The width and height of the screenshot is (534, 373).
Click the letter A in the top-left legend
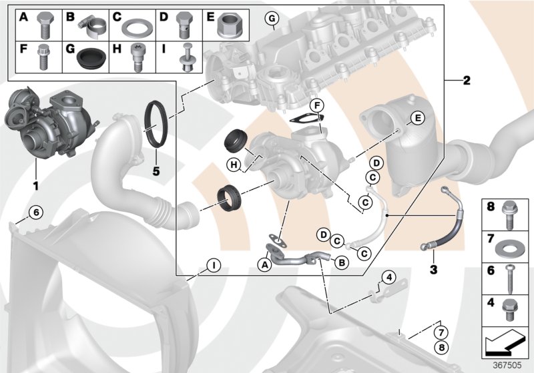tap(23, 16)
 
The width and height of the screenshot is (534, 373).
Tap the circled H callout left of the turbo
tap(234, 165)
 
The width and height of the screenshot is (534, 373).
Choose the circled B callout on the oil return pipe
tap(340, 263)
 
